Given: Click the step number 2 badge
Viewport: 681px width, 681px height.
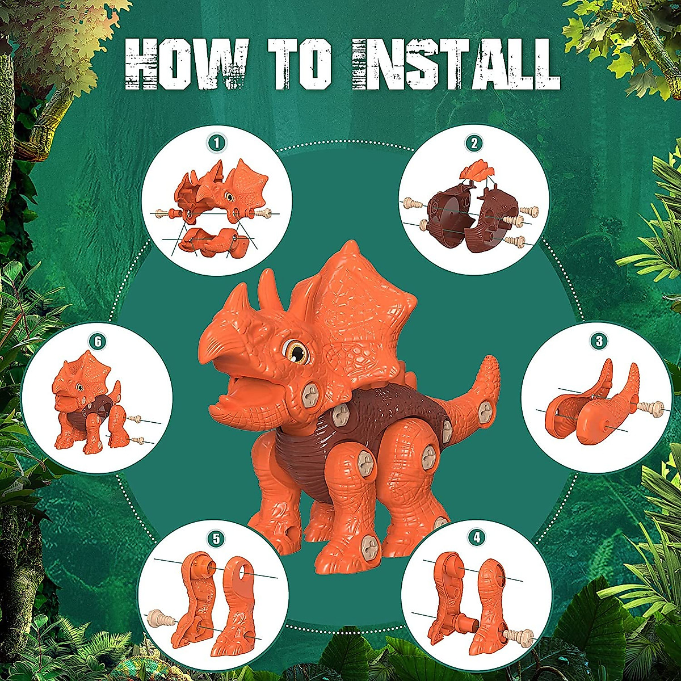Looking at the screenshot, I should (x=474, y=143).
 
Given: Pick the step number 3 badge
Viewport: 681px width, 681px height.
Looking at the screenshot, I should (x=598, y=341).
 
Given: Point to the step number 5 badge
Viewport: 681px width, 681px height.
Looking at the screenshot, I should (x=215, y=537).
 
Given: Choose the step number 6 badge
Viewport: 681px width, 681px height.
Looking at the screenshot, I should (x=98, y=341).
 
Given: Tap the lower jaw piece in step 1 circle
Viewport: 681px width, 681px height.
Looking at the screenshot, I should (x=207, y=241).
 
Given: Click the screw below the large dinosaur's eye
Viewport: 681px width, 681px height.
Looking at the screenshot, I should (x=309, y=393).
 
